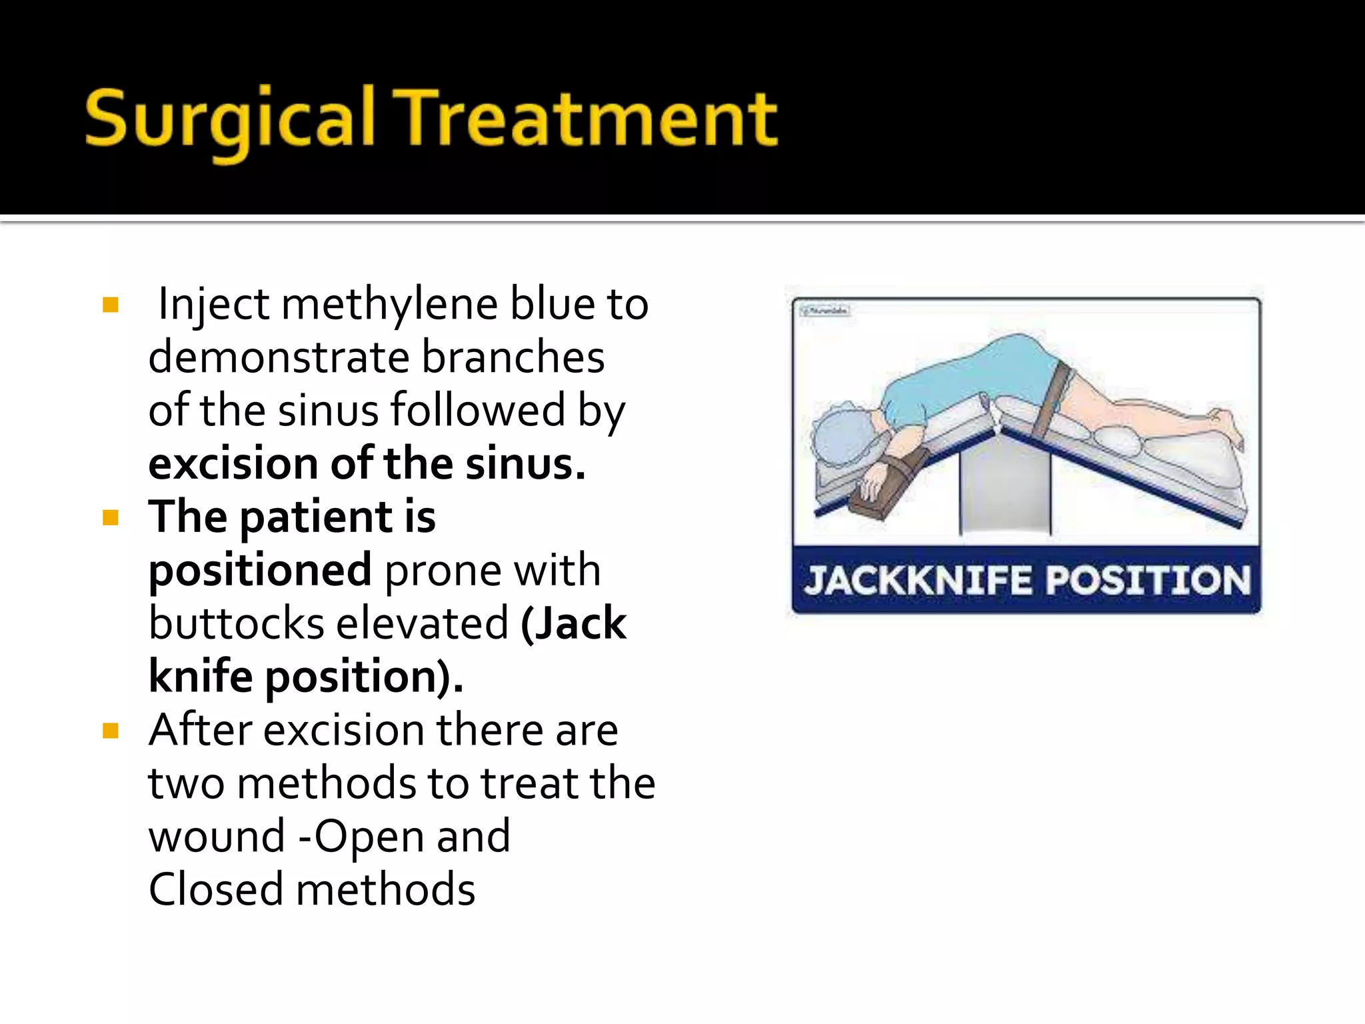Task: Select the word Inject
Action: click(x=213, y=305)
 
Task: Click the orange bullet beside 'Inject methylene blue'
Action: click(x=111, y=305)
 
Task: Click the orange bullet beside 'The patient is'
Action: click(x=111, y=518)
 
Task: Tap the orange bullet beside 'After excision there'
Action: click(x=111, y=731)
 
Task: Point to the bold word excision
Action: click(x=233, y=464)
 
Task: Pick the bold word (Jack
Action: click(x=573, y=624)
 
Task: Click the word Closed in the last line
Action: click(x=215, y=890)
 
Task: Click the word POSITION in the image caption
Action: click(x=1148, y=580)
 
